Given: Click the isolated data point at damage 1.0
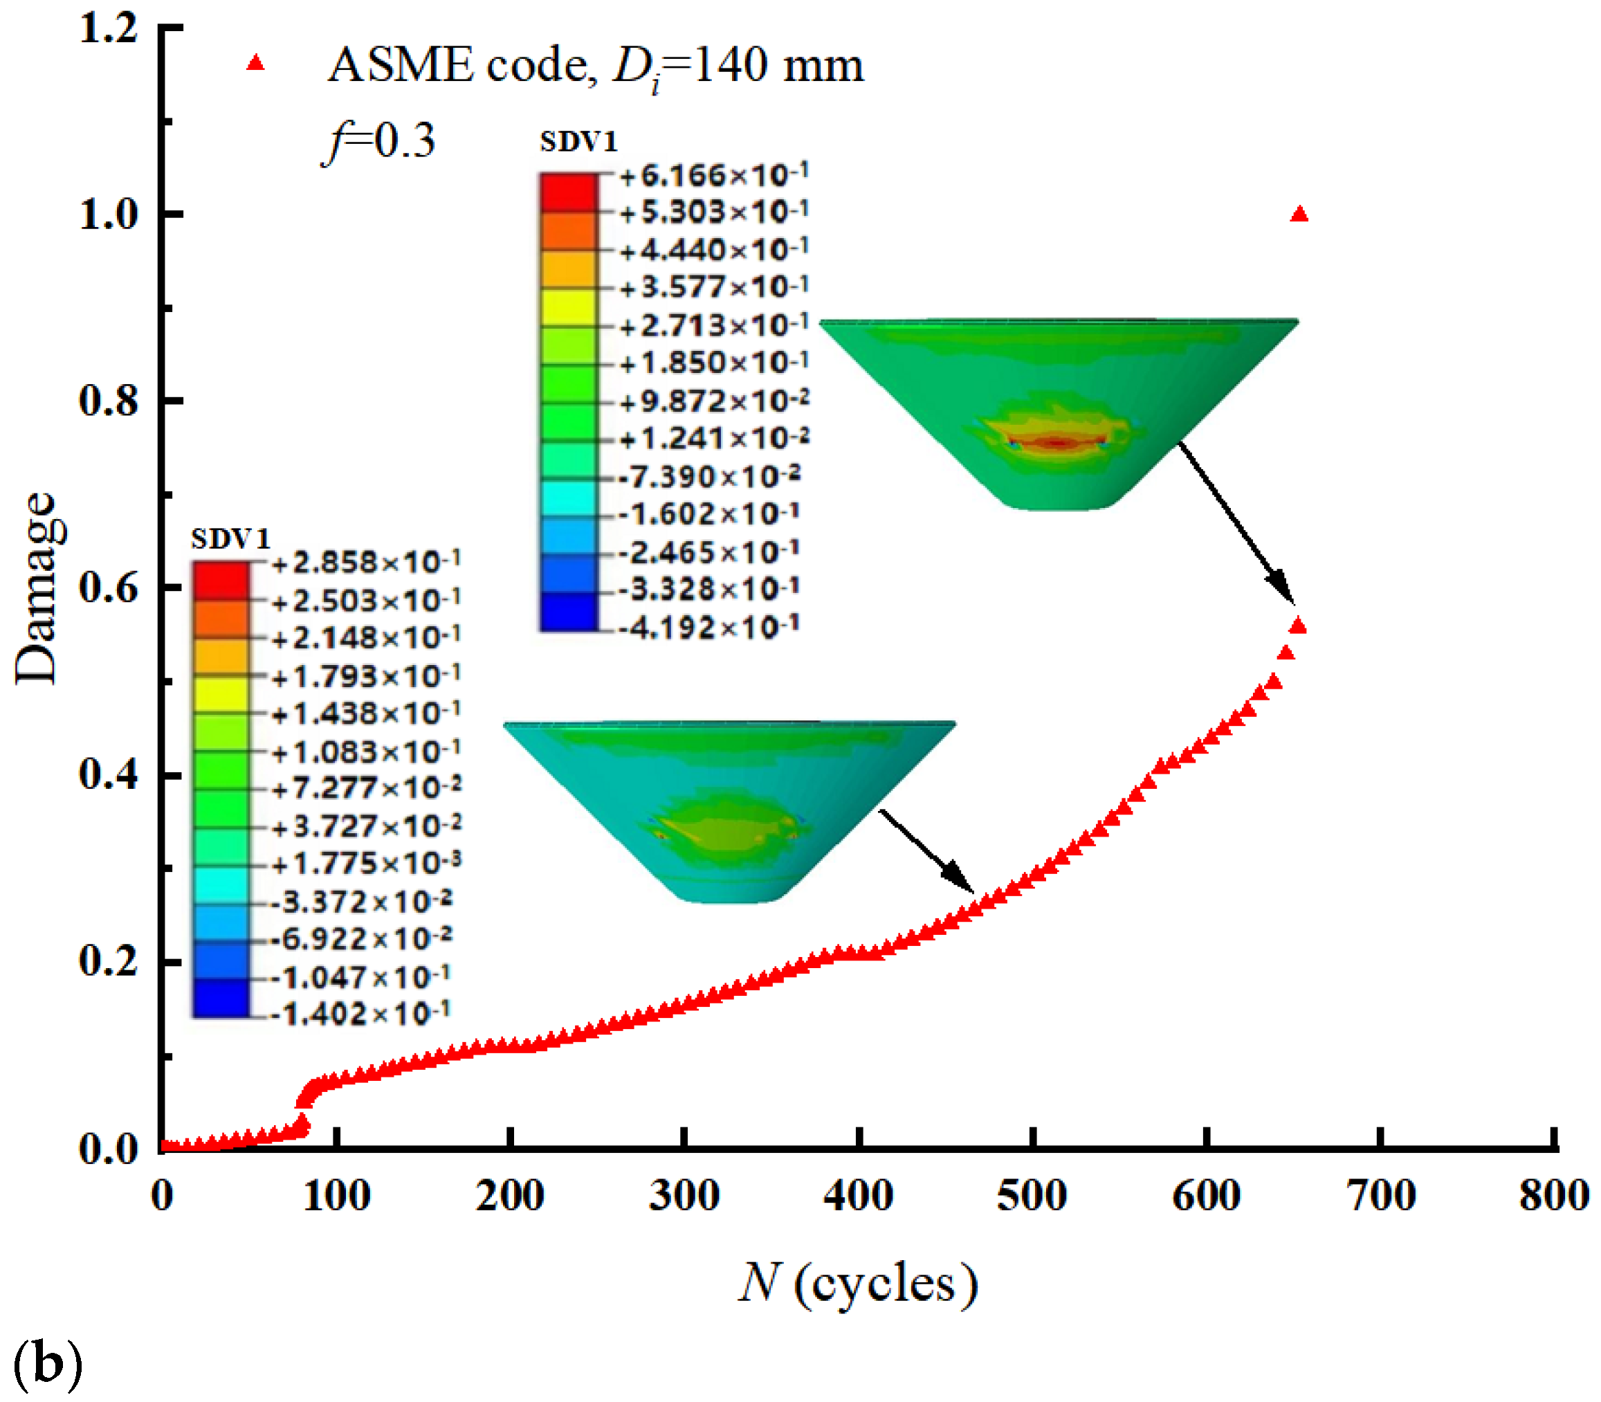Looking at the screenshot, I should click(x=1299, y=215).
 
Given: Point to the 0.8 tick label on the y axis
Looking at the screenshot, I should click(x=108, y=400).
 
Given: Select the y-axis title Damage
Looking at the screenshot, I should click(x=37, y=588).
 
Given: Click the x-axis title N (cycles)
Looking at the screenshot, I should click(x=858, y=1284).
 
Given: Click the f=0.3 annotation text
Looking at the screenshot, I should click(x=378, y=141).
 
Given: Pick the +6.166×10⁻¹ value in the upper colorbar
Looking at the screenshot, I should click(x=713, y=175).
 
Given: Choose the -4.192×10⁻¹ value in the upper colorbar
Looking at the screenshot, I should click(x=708, y=627).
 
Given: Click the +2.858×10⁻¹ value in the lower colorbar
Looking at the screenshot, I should click(x=365, y=562).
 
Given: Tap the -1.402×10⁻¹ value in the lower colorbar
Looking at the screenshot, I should click(x=360, y=1014).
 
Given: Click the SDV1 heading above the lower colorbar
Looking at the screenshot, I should click(x=230, y=538).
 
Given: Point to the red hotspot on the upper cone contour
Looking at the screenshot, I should click(x=1056, y=443).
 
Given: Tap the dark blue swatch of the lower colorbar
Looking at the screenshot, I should click(x=221, y=999).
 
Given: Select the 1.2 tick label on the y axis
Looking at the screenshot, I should click(x=108, y=28).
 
